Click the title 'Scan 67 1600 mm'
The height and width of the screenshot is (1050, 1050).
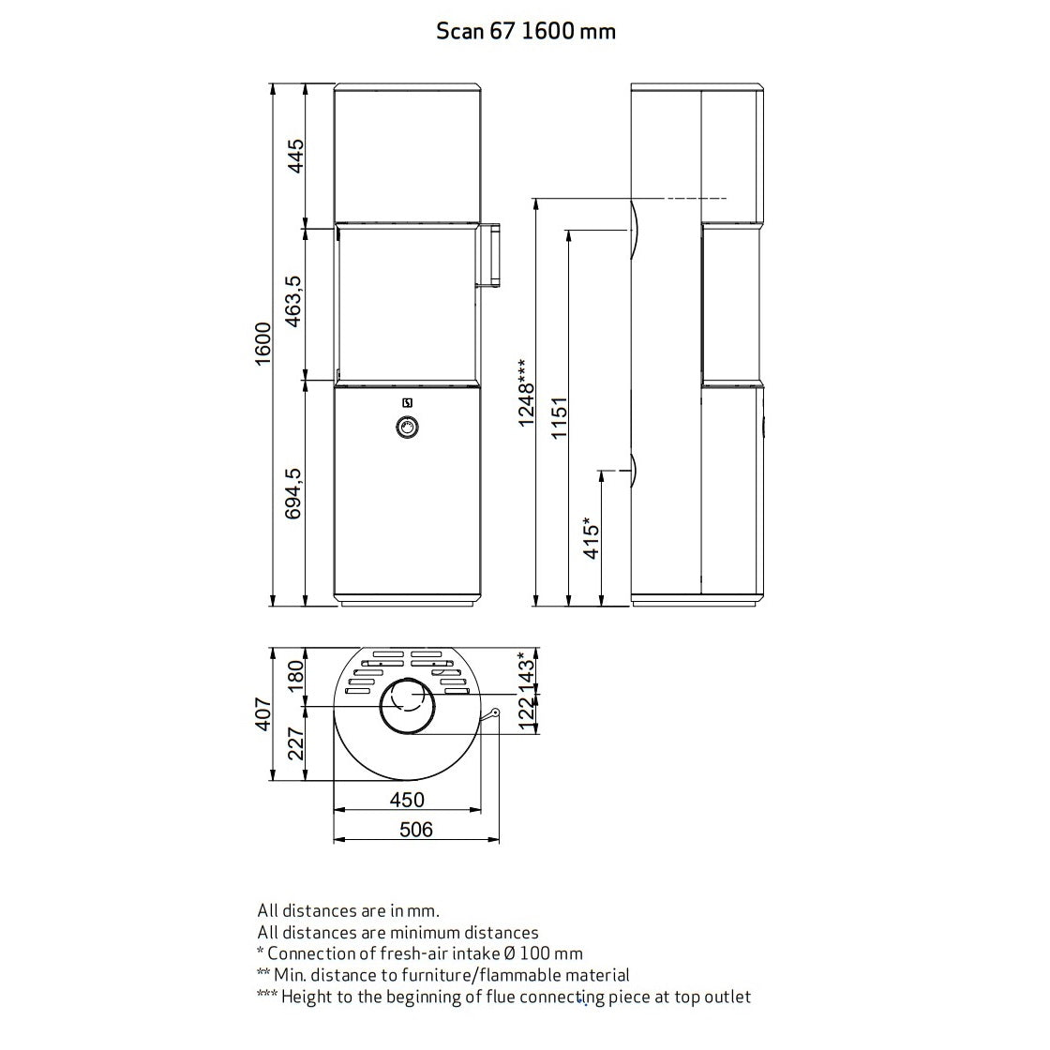click(x=526, y=31)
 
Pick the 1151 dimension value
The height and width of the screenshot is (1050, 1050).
click(x=559, y=417)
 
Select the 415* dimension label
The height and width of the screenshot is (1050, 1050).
click(x=592, y=537)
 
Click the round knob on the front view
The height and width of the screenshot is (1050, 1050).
click(x=408, y=427)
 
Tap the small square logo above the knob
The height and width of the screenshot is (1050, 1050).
click(x=408, y=404)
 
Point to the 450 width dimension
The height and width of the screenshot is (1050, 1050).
click(x=407, y=800)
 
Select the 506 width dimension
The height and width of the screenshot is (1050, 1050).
click(x=415, y=829)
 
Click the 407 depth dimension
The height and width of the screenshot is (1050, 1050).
click(x=262, y=713)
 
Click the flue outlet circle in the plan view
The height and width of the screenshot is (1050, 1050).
click(x=407, y=703)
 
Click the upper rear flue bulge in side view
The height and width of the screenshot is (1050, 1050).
click(x=635, y=230)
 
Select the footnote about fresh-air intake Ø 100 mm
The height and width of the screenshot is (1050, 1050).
click(x=420, y=953)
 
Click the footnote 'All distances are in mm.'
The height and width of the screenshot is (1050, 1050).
click(x=349, y=910)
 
